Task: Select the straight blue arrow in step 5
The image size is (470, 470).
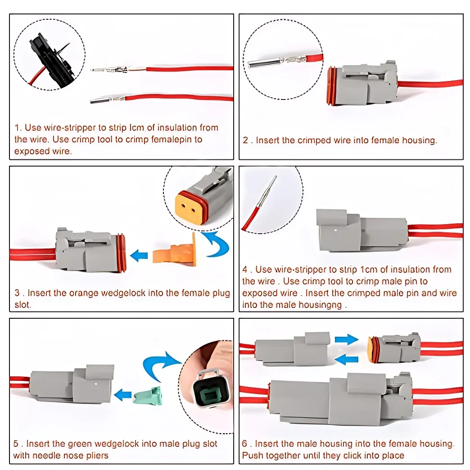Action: (x=123, y=395)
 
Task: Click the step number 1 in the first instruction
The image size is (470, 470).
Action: (x=17, y=128)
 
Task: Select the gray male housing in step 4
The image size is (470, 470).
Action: (x=360, y=230)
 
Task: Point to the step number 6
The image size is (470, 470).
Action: (x=245, y=444)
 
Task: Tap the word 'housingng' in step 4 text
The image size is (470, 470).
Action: (x=324, y=305)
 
